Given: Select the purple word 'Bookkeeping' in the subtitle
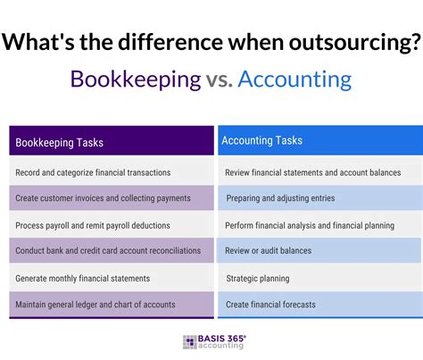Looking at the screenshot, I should (x=136, y=80).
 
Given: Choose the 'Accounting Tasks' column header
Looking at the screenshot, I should (x=261, y=140).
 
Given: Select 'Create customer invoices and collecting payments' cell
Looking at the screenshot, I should (x=104, y=198).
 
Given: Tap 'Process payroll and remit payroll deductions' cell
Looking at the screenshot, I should (x=93, y=225).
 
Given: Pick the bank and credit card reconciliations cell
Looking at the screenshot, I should (x=108, y=251).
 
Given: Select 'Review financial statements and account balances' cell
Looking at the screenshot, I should (x=312, y=172).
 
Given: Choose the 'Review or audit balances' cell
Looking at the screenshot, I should (x=269, y=251).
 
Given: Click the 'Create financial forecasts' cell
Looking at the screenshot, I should (x=270, y=305).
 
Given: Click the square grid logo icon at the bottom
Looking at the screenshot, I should (x=190, y=342).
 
